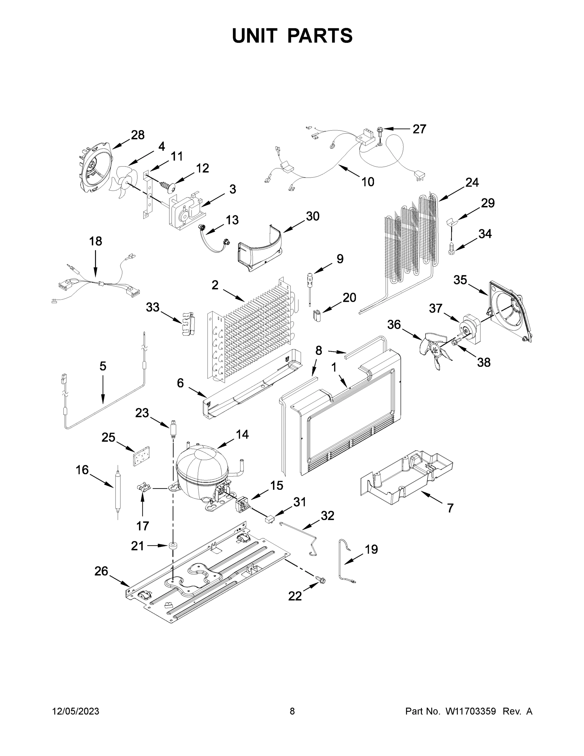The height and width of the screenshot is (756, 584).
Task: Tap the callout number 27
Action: pyautogui.click(x=419, y=129)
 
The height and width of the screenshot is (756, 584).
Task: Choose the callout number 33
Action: pyautogui.click(x=153, y=307)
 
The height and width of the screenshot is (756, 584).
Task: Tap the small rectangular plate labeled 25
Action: pyautogui.click(x=141, y=456)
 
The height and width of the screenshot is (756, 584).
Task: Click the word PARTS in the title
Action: pyautogui.click(x=320, y=36)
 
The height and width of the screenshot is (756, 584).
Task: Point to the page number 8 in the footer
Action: pyautogui.click(x=292, y=711)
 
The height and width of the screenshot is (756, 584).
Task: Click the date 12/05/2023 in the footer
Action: pyautogui.click(x=76, y=711)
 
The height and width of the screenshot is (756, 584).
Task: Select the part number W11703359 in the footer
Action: pyautogui.click(x=471, y=711)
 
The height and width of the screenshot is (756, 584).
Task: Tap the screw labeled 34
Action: pyautogui.click(x=451, y=249)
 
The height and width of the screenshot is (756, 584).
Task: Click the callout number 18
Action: pyautogui.click(x=96, y=241)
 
